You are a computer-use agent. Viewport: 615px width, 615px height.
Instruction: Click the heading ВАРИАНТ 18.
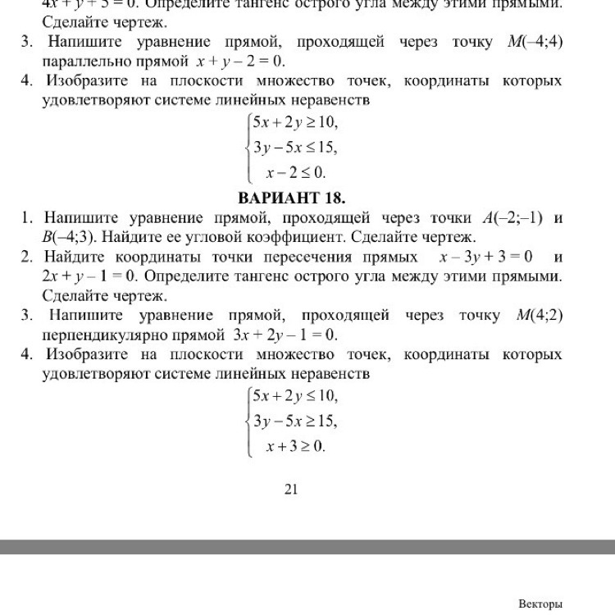pyautogui.click(x=291, y=198)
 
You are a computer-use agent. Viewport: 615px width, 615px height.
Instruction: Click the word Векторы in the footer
pyautogui.click(x=540, y=604)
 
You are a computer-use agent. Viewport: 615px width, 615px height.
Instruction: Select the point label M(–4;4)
pyautogui.click(x=530, y=42)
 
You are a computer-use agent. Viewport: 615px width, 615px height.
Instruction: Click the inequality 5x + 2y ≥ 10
pyautogui.click(x=295, y=123)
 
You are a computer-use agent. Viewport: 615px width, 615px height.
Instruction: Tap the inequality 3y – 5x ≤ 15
pyautogui.click(x=295, y=148)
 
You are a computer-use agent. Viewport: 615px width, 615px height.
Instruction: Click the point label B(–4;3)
pyautogui.click(x=71, y=237)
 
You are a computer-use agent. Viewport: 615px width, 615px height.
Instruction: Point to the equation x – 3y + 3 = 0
pyautogui.click(x=486, y=257)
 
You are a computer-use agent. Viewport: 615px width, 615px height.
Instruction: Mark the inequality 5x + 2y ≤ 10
pyautogui.click(x=295, y=397)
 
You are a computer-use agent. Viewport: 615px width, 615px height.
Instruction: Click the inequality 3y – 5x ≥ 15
pyautogui.click(x=295, y=421)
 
